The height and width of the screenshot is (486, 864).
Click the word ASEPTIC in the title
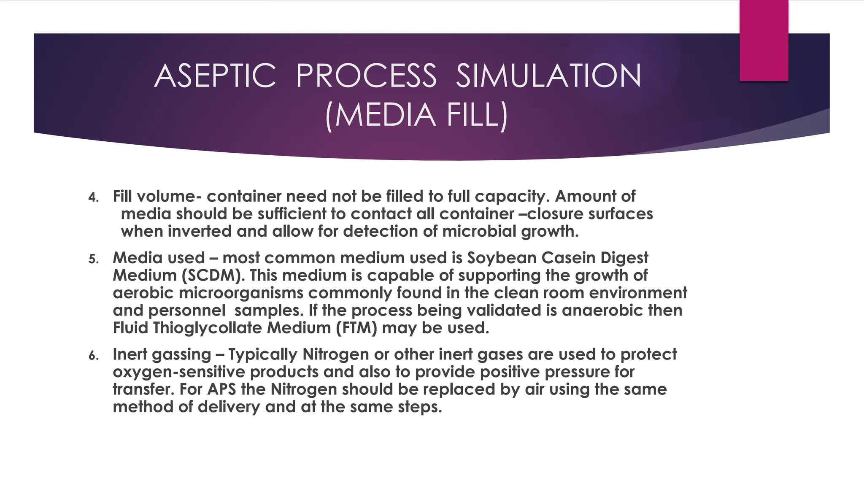click(x=215, y=76)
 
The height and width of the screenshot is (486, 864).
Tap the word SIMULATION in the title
click(x=548, y=76)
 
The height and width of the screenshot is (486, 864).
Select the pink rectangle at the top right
click(x=764, y=40)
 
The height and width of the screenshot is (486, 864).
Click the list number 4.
click(x=93, y=197)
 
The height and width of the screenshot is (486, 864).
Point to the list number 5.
click(x=93, y=259)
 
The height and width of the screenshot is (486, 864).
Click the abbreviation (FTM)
click(x=357, y=328)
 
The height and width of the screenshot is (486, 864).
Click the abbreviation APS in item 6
click(x=222, y=389)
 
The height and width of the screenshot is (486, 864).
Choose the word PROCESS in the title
click(x=366, y=76)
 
